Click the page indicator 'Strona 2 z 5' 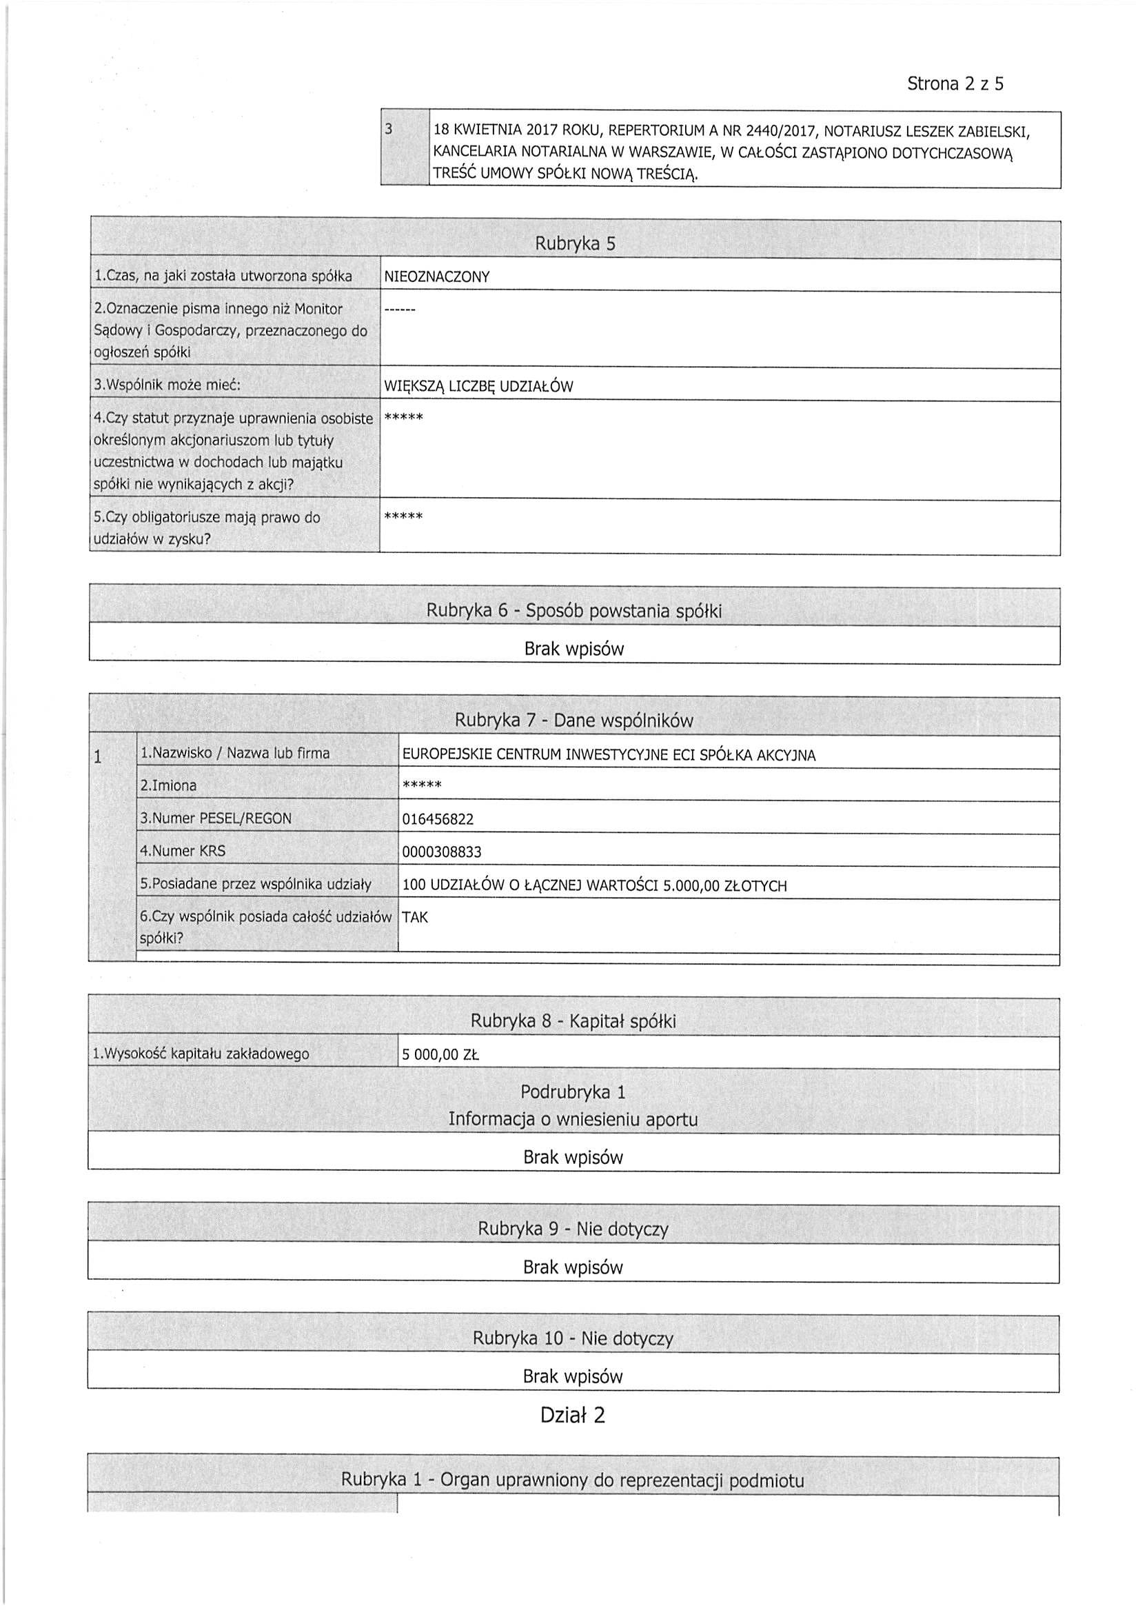[x=955, y=84]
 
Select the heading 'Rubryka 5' [x=575, y=244]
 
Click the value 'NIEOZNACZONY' [x=437, y=277]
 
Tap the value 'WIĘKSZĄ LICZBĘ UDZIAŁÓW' [x=479, y=386]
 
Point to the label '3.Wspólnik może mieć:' [x=167, y=385]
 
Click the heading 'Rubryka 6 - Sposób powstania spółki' [x=573, y=611]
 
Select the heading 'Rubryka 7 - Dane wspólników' [x=573, y=720]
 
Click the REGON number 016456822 [x=438, y=819]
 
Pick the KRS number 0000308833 [x=442, y=852]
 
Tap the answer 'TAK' [x=414, y=917]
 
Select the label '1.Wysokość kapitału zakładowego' [x=201, y=1054]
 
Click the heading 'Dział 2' [x=572, y=1415]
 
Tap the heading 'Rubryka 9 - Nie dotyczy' [x=573, y=1229]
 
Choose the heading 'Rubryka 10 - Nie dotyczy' [x=573, y=1338]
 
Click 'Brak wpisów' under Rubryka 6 [x=573, y=650]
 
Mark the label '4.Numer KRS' [x=182, y=852]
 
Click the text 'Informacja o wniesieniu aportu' [x=573, y=1119]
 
